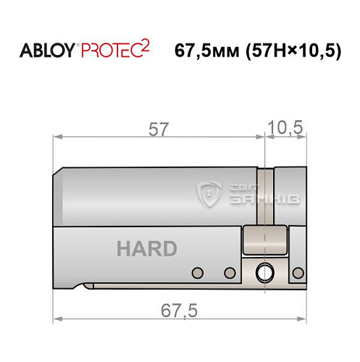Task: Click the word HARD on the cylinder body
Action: (x=146, y=249)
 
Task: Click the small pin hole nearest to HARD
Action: (x=196, y=272)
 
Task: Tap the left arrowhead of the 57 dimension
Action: (x=59, y=137)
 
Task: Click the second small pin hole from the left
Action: (x=230, y=272)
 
